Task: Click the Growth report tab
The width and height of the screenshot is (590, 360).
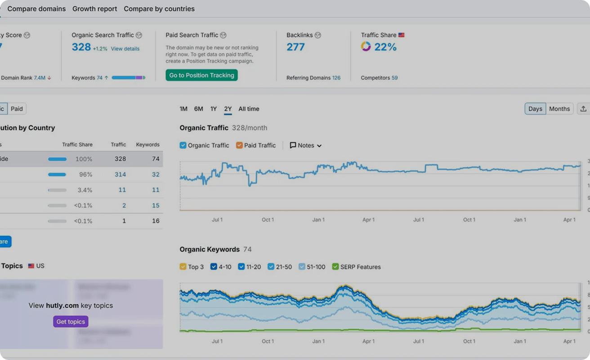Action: pyautogui.click(x=94, y=9)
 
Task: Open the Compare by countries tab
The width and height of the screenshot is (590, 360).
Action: pyautogui.click(x=159, y=9)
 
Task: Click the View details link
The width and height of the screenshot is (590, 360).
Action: pyautogui.click(x=125, y=49)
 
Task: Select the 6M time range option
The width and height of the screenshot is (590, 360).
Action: pyautogui.click(x=198, y=109)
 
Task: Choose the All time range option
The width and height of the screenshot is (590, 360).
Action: pyautogui.click(x=249, y=109)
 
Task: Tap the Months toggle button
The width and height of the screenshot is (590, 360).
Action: pyautogui.click(x=559, y=109)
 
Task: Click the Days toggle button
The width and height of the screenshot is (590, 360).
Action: pyautogui.click(x=535, y=109)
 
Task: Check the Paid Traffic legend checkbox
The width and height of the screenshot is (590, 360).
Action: pyautogui.click(x=239, y=145)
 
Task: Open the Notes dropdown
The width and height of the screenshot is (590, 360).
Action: pyautogui.click(x=306, y=145)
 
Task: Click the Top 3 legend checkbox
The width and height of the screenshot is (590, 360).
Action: pyautogui.click(x=183, y=267)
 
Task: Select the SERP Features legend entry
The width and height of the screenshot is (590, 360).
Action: pyautogui.click(x=335, y=267)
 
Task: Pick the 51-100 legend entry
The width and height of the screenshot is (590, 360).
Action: pyautogui.click(x=302, y=267)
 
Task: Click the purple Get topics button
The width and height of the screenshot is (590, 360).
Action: pyautogui.click(x=71, y=321)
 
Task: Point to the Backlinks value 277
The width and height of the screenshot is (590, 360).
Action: pyautogui.click(x=295, y=47)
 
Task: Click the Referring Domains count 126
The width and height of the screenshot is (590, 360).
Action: pyautogui.click(x=336, y=78)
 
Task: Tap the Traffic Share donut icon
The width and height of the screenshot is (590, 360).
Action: pyautogui.click(x=366, y=47)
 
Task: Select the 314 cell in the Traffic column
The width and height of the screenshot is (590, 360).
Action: pyautogui.click(x=120, y=175)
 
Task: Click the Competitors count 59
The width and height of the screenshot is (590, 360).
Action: pyautogui.click(x=394, y=78)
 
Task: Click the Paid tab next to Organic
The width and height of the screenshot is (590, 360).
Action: pyautogui.click(x=17, y=109)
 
